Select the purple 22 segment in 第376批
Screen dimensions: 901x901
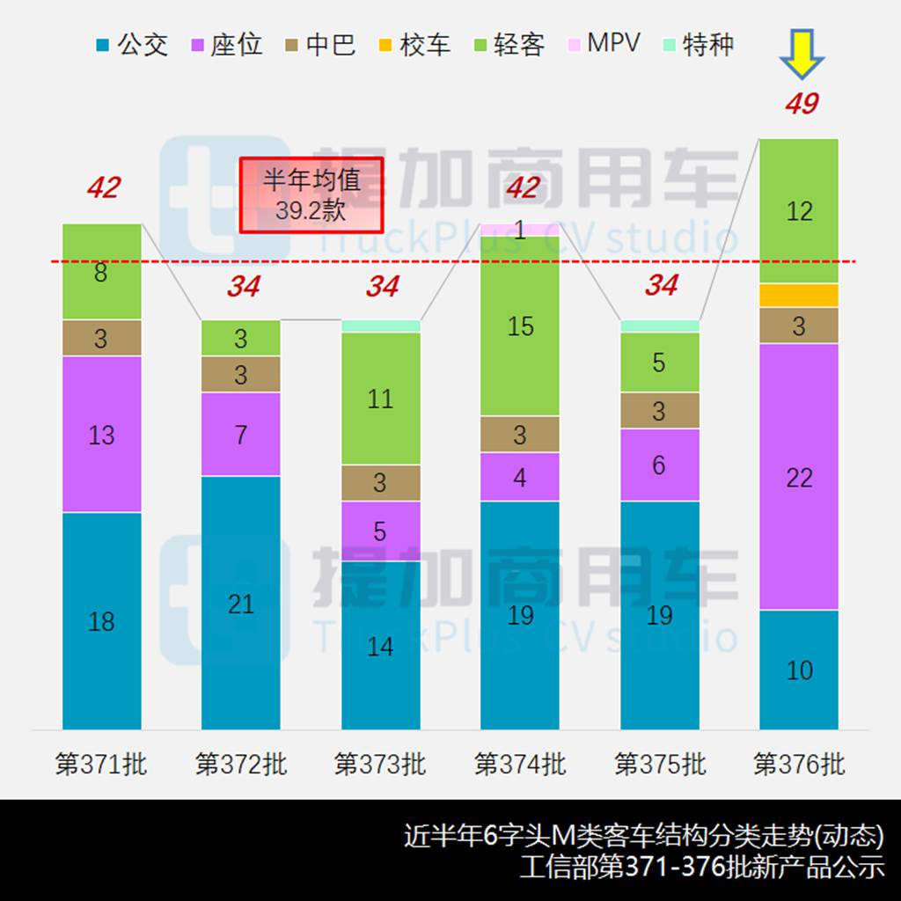point(799,476)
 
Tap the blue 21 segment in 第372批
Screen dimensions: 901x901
point(241,603)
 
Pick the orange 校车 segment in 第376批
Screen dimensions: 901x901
point(799,296)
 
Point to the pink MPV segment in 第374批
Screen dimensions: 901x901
point(520,230)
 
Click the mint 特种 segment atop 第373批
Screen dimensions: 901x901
point(381,326)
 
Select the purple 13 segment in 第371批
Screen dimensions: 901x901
point(101,434)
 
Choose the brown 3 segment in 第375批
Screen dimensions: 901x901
point(660,411)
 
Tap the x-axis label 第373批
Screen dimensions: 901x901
point(380,764)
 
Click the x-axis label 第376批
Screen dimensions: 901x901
point(799,764)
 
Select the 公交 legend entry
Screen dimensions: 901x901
point(131,44)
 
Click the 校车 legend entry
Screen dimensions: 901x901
point(414,44)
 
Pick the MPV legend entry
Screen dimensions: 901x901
point(604,43)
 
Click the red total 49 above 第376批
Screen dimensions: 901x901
point(802,104)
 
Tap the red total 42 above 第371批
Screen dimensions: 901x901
point(103,187)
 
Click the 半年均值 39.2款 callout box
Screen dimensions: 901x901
point(311,194)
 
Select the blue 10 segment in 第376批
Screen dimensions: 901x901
point(799,670)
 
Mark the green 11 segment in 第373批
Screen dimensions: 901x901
point(381,399)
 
